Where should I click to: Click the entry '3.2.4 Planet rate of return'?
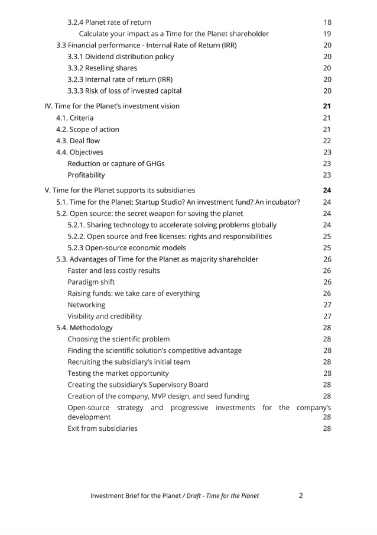coord(109,22)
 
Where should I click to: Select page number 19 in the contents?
coord(327,34)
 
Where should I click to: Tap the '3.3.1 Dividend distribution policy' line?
coord(121,57)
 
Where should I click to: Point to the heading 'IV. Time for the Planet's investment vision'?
coord(112,107)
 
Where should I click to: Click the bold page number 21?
coord(327,107)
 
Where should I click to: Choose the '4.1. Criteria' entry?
coord(74,118)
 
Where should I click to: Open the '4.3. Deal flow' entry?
coord(78,141)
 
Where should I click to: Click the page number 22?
coord(327,141)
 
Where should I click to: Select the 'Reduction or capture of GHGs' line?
coord(116,164)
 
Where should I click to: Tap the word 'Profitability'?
coord(86,175)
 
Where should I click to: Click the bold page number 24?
coord(327,191)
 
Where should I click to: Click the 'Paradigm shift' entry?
coord(91,282)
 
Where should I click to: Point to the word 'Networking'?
coord(86,305)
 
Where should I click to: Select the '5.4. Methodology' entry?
coord(84,328)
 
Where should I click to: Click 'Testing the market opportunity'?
coord(118,373)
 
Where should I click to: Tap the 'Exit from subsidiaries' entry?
coord(102,428)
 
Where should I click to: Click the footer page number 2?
coord(301,496)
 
